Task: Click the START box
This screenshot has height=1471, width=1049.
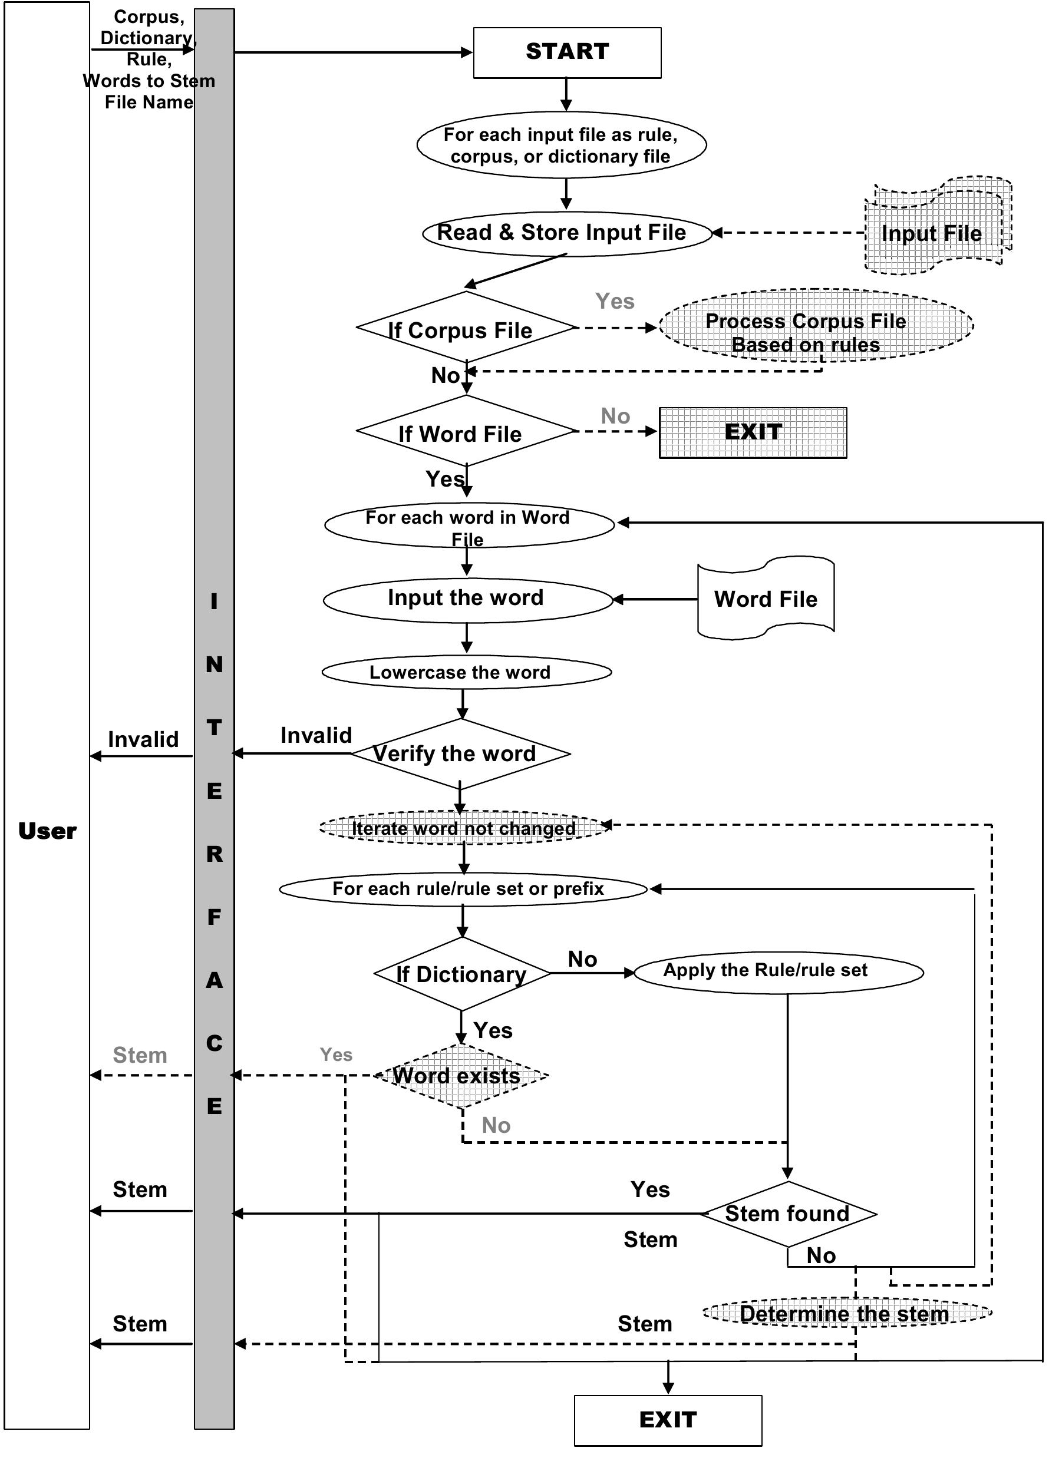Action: click(566, 52)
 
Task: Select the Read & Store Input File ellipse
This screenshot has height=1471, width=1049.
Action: click(566, 233)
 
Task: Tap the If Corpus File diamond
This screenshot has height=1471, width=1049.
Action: click(465, 328)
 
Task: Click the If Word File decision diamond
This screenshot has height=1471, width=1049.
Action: click(465, 431)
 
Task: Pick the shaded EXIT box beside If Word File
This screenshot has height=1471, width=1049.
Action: click(753, 432)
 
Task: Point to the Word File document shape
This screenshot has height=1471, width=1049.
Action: click(766, 599)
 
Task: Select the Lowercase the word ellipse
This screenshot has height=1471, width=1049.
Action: click(466, 672)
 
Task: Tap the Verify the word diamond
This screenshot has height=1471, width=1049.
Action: click(460, 753)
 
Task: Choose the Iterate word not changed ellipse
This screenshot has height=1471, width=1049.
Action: click(464, 828)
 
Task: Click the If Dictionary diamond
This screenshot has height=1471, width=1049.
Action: click(462, 974)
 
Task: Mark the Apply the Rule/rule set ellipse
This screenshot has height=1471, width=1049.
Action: click(778, 971)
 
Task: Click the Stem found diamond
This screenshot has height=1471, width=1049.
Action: click(787, 1214)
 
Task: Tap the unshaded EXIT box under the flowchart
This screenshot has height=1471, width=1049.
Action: click(668, 1420)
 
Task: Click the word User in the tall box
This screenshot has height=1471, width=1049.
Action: click(47, 831)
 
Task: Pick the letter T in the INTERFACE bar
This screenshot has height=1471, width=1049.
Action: click(214, 728)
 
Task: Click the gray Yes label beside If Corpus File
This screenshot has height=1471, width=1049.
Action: click(614, 301)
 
